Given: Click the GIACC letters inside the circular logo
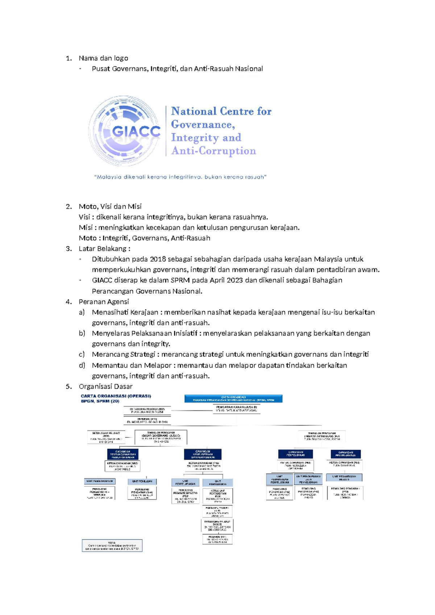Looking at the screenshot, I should click(x=136, y=131).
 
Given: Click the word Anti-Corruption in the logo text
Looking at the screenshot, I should click(x=214, y=151).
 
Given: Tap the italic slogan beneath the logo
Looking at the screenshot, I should click(x=180, y=177).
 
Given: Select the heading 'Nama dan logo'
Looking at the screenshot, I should click(x=103, y=58).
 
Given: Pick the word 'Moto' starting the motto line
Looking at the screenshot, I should click(x=87, y=238).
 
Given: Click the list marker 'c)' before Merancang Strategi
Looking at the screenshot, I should click(x=82, y=355).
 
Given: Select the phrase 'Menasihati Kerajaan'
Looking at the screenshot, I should click(x=125, y=312).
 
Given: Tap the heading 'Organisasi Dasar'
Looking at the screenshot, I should click(x=105, y=387).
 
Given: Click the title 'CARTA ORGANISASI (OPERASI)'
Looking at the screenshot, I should click(x=116, y=396).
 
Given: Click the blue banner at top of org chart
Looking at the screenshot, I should click(x=233, y=399).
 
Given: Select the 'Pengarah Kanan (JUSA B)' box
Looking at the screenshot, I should click(x=236, y=409).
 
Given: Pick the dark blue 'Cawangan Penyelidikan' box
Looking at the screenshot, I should click(x=295, y=454).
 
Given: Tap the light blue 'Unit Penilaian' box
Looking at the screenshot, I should click(x=142, y=482).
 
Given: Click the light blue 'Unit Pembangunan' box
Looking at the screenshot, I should click(x=100, y=481).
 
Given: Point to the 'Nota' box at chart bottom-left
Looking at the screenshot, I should click(x=112, y=545).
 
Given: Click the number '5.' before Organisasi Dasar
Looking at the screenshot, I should click(x=69, y=387).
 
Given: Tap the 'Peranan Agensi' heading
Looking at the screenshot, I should click(x=104, y=302).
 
